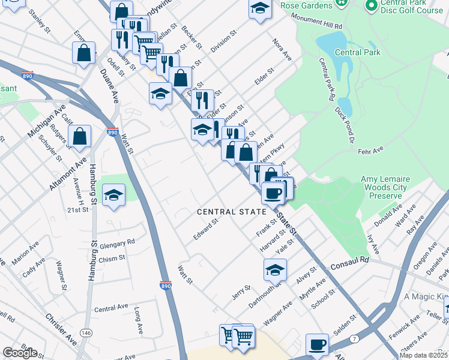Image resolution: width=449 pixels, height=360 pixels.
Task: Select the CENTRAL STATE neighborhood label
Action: [x=231, y=212]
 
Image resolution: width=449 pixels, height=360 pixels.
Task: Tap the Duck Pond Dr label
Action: [x=345, y=127]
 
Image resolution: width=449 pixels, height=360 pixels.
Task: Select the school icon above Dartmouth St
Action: [x=275, y=270]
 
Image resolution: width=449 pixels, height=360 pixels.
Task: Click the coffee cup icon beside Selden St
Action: [x=317, y=345]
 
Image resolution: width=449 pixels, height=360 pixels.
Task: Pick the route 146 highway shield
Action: [x=87, y=332]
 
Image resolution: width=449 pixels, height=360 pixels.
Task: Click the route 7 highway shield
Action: [x=355, y=340]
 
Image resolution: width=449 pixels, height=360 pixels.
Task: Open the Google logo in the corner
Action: [x=20, y=352]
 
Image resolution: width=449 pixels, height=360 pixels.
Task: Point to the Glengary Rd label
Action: [x=118, y=242]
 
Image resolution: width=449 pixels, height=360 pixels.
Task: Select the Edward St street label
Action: [x=205, y=229]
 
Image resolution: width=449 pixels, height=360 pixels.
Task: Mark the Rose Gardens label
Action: [x=306, y=5]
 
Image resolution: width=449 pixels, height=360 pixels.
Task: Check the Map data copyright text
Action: [x=423, y=355]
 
